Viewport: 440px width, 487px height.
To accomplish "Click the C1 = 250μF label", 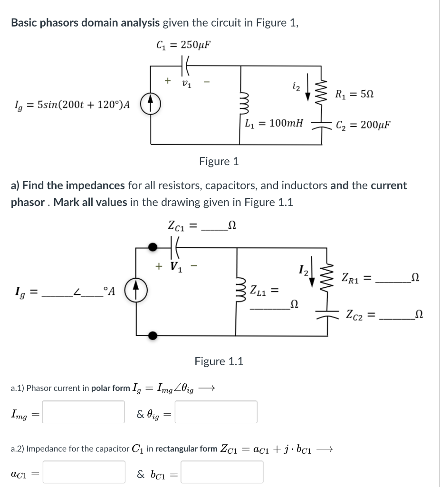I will (183, 45).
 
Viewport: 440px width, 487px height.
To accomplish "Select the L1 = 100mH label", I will (274, 124).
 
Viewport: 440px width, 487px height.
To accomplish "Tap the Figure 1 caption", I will (219, 161).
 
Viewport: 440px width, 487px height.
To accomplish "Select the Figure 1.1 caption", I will (219, 361).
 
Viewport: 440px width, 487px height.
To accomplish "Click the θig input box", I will (217, 412).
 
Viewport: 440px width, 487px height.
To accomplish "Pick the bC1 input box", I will (222, 472).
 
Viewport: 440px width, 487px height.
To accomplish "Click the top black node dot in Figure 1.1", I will (153, 246).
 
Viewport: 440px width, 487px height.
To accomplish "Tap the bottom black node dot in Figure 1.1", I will (153, 336).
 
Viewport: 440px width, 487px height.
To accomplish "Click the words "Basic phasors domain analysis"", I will (85, 22).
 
